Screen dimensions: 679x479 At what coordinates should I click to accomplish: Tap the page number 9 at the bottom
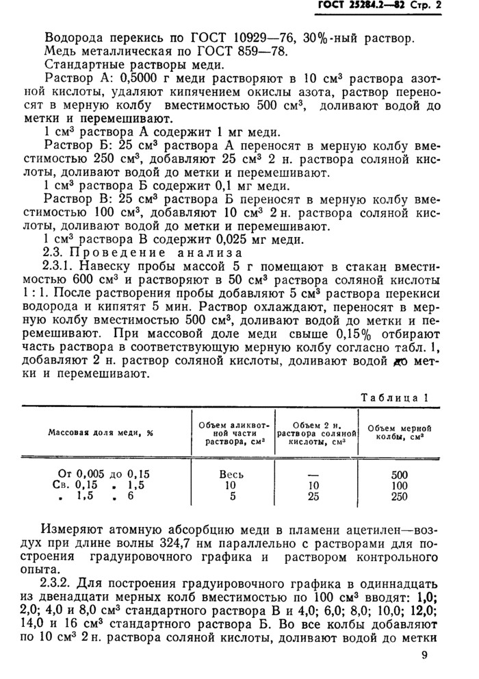click(426, 656)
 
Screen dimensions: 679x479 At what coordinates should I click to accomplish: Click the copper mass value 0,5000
click(122, 79)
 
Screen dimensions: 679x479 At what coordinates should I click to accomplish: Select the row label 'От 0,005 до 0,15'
click(101, 473)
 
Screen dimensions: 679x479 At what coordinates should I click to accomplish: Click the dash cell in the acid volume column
click(314, 474)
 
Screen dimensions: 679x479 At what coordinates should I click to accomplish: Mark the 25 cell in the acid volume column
click(314, 497)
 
